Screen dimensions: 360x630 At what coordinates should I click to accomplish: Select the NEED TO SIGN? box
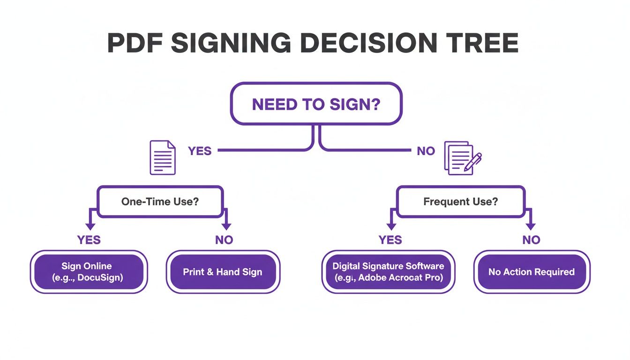(x=316, y=104)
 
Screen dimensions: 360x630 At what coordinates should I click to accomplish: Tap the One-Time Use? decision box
(x=160, y=202)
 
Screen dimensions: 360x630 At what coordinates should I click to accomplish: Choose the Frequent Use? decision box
(x=460, y=202)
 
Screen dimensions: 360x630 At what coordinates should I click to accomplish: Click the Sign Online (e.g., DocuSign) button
(x=89, y=272)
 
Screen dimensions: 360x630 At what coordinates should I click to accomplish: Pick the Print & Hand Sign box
(x=223, y=272)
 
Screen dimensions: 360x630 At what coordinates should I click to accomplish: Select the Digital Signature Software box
(x=388, y=272)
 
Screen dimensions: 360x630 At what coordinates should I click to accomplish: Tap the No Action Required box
(x=531, y=272)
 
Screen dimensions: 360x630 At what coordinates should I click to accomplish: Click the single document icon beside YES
(x=162, y=158)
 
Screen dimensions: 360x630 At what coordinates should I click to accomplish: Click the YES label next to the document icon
(x=200, y=151)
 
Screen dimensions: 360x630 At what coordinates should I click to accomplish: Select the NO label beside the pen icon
(x=426, y=151)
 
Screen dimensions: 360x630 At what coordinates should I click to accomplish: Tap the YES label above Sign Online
(x=89, y=240)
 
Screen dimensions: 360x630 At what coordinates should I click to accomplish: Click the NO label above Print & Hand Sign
(x=224, y=240)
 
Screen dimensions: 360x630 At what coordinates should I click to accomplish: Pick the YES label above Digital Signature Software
(x=390, y=240)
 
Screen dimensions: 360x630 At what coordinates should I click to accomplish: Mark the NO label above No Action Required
(x=531, y=240)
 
